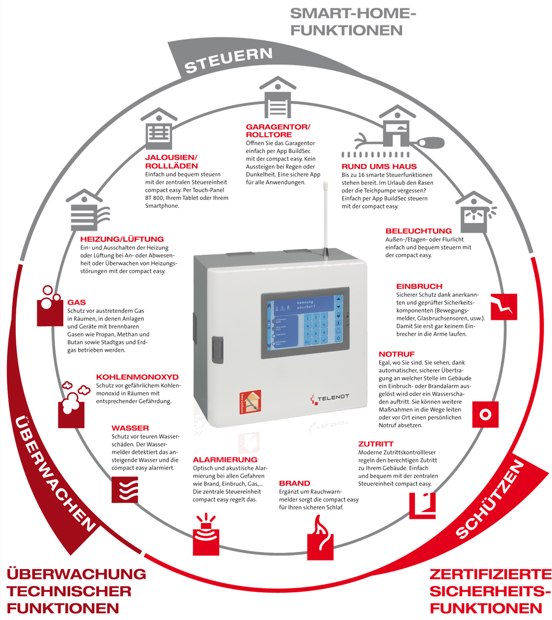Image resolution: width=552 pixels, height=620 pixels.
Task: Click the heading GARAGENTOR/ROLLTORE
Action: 278,130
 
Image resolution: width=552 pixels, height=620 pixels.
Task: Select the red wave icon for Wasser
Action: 125,490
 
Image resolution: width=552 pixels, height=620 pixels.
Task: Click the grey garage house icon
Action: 278,98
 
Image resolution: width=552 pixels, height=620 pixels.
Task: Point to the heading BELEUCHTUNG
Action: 418,231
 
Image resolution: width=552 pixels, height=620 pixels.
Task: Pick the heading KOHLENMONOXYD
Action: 138,377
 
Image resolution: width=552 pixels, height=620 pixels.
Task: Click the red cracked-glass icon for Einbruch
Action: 504,306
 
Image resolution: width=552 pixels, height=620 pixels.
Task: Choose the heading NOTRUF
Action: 397,354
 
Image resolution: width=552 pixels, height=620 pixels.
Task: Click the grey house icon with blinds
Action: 159,128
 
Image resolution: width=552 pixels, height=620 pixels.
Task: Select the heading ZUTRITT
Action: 376,444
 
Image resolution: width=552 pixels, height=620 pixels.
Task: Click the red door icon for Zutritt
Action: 423,506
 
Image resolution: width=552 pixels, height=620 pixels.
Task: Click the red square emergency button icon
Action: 485,414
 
